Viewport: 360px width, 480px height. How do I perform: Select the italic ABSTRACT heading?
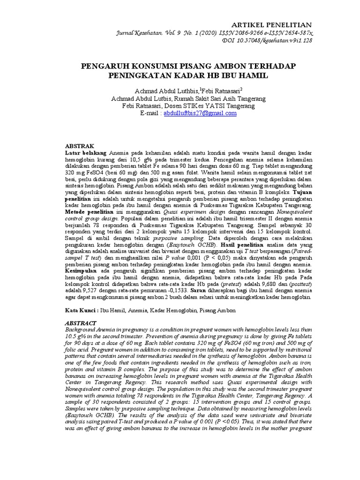pyautogui.click(x=80, y=323)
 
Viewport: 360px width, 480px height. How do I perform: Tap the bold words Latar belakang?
pyautogui.click(x=85, y=153)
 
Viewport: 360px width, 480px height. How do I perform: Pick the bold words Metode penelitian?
pyautogui.click(x=90, y=212)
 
